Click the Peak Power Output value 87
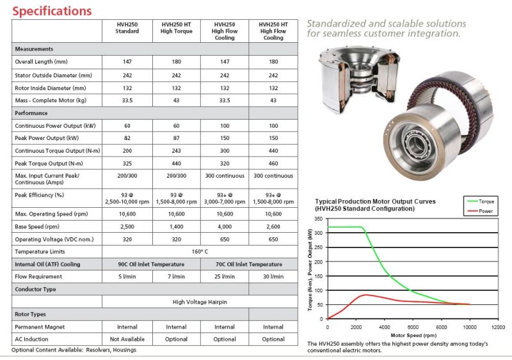tap(176, 138)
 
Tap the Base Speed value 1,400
tap(176, 226)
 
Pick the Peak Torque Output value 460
tap(273, 163)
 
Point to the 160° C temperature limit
tap(200, 252)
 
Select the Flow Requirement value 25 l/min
tap(225, 277)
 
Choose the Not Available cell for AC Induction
tap(127, 339)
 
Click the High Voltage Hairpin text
tap(200, 302)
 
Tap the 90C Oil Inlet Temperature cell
tap(152, 264)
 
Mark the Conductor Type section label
tap(36, 289)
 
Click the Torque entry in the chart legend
tap(486, 201)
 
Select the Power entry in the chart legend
tap(486, 210)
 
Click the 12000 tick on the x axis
tap(497, 327)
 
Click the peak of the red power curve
tap(365, 295)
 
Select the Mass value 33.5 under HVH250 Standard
tap(127, 100)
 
